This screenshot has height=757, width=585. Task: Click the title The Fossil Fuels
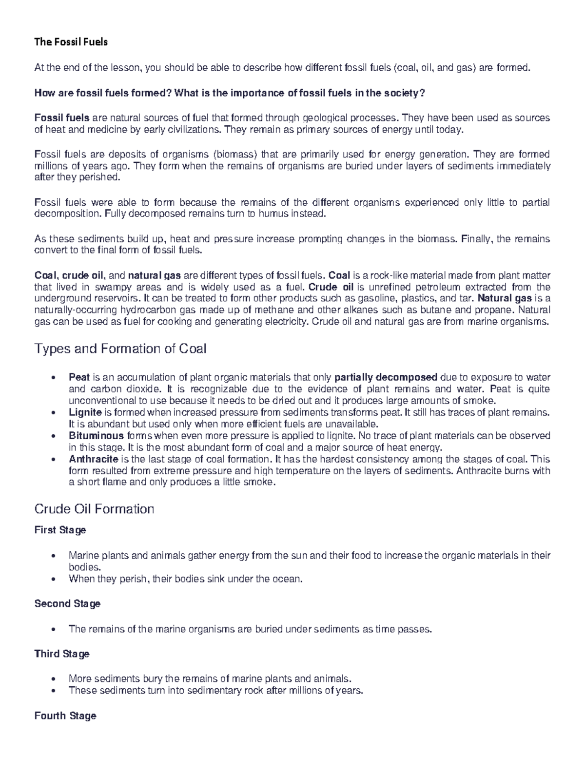click(x=71, y=42)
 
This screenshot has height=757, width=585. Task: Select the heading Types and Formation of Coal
click(x=120, y=349)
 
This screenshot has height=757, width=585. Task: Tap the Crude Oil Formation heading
click(x=94, y=509)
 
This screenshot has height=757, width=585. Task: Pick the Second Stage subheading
click(x=67, y=603)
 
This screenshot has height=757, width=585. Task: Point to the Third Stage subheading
click(x=62, y=654)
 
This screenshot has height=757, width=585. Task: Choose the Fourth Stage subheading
click(x=65, y=716)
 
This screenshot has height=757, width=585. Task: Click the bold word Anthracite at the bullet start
click(x=93, y=459)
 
